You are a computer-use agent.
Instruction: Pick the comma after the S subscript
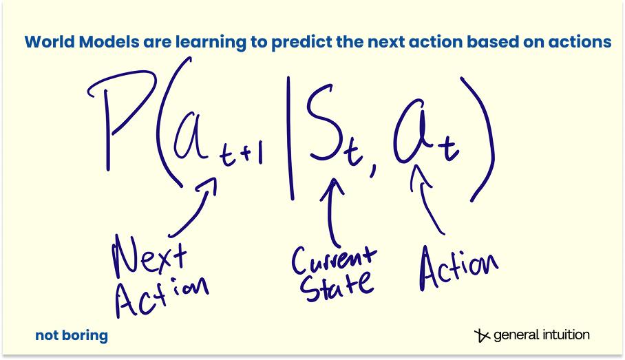click(372, 171)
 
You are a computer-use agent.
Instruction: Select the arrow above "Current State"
click(330, 211)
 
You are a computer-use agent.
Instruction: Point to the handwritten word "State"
click(337, 286)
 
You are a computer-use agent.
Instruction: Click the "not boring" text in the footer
click(72, 335)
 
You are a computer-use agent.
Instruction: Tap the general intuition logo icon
click(482, 335)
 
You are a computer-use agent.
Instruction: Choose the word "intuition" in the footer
click(565, 335)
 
